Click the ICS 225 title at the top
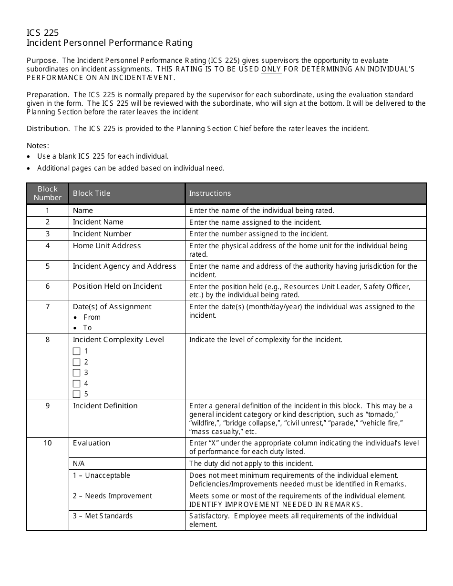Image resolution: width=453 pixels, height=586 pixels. pos(43,32)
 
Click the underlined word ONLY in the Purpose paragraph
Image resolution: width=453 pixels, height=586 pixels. pos(271,69)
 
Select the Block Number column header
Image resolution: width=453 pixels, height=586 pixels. pos(48,193)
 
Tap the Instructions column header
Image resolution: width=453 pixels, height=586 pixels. pos(210,193)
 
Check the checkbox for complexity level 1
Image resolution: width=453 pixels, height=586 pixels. pos(76,352)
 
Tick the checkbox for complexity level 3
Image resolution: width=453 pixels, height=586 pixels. pos(76,373)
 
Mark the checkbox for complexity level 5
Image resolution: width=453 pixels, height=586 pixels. pos(76,394)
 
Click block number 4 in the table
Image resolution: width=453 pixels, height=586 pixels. pos(48,246)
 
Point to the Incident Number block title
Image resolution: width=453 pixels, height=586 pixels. pos(102,234)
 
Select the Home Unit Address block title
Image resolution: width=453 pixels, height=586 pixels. pos(107,246)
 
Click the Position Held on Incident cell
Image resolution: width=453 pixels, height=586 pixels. pos(117,286)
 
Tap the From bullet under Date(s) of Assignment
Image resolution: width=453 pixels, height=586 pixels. pos(92,317)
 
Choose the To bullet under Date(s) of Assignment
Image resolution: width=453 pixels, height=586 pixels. pos(87,328)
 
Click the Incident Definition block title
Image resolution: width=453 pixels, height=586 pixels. pos(105,406)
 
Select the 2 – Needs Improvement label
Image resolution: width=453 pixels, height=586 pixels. pos(112,496)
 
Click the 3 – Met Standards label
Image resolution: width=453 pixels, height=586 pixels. pos(103,516)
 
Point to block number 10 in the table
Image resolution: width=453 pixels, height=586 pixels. pos(48,443)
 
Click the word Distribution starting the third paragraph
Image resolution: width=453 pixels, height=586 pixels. pos(48,129)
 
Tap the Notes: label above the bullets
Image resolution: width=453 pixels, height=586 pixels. pos(38,146)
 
